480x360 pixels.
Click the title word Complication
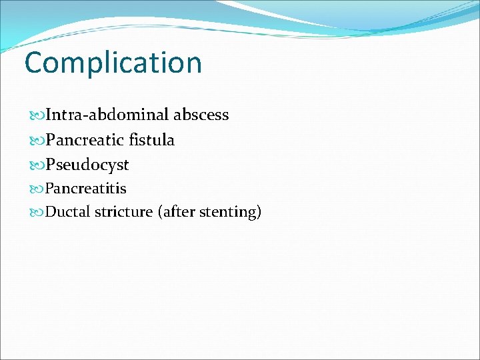pos(113,63)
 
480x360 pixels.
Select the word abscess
pos(201,115)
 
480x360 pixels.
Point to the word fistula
pos(152,140)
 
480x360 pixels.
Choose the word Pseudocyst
pos(87,165)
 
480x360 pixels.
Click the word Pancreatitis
pos(85,189)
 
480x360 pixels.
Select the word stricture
pos(122,213)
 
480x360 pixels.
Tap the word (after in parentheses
pos(175,213)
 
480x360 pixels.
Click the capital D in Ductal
pos(51,213)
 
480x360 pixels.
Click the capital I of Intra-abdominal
pos(47,115)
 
